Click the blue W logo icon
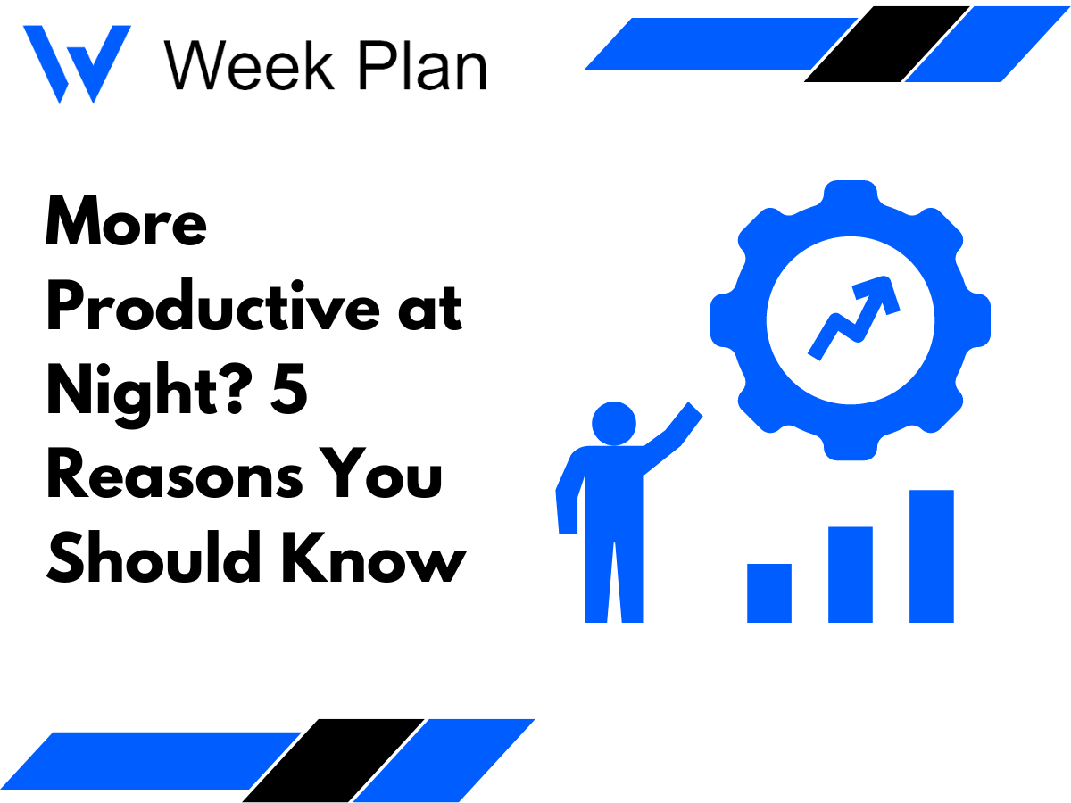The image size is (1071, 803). [x=77, y=64]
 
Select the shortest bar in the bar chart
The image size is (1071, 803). [x=769, y=592]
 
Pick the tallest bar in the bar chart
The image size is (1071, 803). [x=932, y=555]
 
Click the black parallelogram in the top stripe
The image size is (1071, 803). [x=887, y=45]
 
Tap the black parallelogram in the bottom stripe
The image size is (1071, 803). [x=334, y=760]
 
